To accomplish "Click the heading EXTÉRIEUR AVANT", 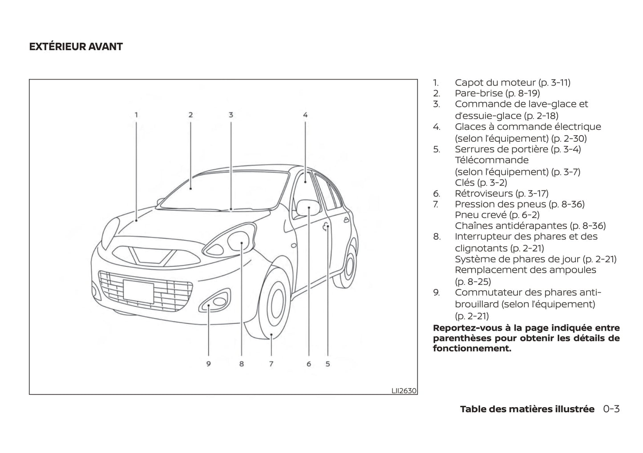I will pyautogui.click(x=76, y=47).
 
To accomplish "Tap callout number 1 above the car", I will pyautogui.click(x=137, y=115).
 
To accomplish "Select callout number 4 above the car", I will pyautogui.click(x=305, y=115).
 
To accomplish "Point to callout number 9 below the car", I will pyautogui.click(x=208, y=364).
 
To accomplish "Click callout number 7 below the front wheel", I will pyautogui.click(x=271, y=364).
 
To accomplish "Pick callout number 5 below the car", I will pyautogui.click(x=328, y=364).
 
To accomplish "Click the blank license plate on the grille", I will pyautogui.click(x=138, y=291).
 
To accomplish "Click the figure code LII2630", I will pyautogui.click(x=404, y=391).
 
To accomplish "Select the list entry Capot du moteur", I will pyautogui.click(x=512, y=82).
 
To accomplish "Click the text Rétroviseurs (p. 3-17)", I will pyautogui.click(x=501, y=193).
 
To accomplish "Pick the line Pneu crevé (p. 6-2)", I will pyautogui.click(x=497, y=215).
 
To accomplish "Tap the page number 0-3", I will pyautogui.click(x=611, y=409).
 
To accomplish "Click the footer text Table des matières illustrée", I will pyautogui.click(x=527, y=409).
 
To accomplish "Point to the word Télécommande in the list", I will pyautogui.click(x=492, y=160).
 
